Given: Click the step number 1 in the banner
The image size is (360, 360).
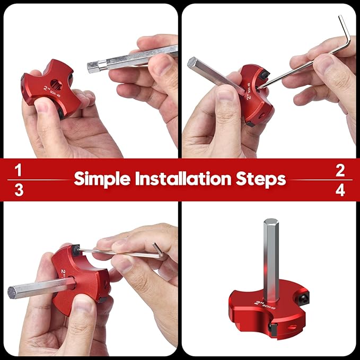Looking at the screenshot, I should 19,170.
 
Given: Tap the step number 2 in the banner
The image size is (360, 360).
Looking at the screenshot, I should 340,170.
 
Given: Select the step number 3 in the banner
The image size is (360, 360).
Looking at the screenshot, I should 19,190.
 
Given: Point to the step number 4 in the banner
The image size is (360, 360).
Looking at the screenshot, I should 340,190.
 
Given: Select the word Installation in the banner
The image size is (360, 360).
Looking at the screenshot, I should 182,179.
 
